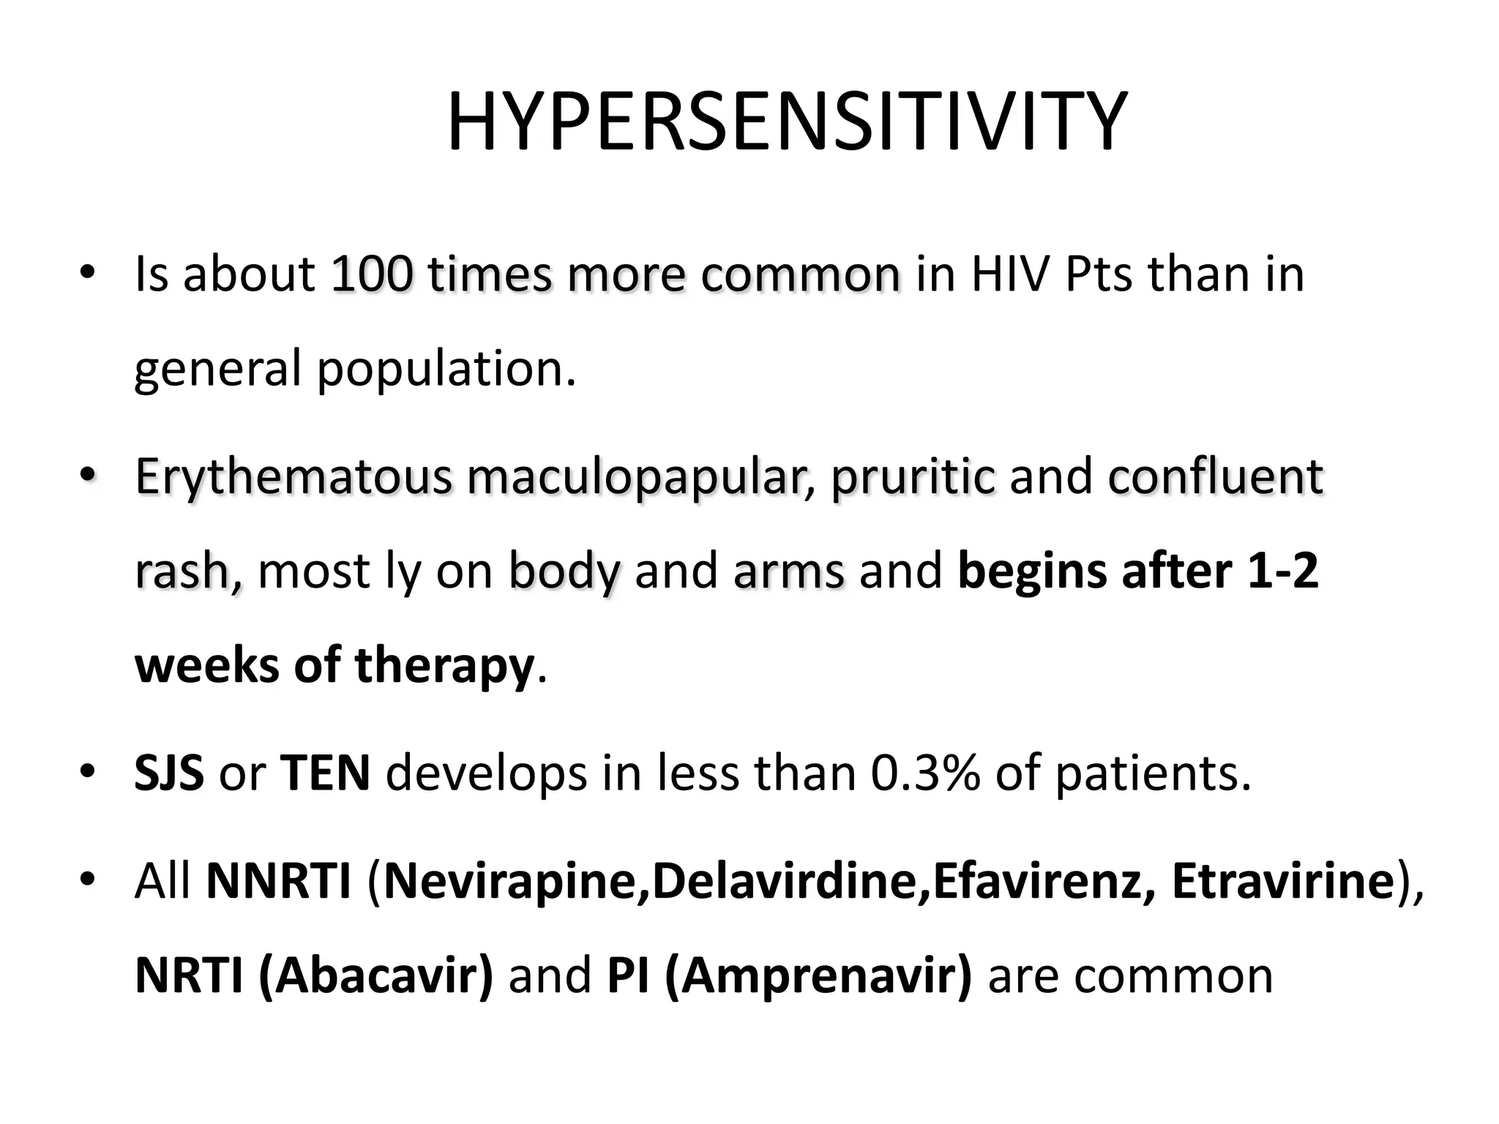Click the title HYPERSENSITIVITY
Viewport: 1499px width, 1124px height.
tap(786, 122)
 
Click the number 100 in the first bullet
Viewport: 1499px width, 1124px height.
tap(372, 274)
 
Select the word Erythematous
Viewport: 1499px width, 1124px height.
tap(294, 477)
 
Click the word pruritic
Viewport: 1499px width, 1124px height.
tap(913, 477)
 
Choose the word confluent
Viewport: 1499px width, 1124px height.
tap(1215, 477)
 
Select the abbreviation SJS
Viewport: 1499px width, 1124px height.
tap(169, 773)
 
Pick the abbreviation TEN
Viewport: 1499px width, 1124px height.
tap(325, 773)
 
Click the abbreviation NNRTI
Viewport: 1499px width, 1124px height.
tap(279, 881)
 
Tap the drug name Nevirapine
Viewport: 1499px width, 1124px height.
tap(512, 881)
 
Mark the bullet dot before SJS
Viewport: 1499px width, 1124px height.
tap(88, 771)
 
